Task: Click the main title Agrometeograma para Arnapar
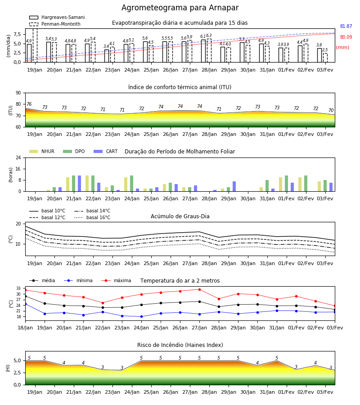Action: (180, 8)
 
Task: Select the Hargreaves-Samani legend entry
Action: (57, 17)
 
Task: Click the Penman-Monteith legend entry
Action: (55, 24)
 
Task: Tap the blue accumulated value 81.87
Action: (346, 27)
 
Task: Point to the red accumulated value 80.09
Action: (346, 37)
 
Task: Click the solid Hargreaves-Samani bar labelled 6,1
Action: (203, 51)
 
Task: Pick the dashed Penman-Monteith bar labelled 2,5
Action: (325, 58)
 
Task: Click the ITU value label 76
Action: (29, 104)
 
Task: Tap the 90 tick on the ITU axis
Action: (18, 93)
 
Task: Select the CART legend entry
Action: (106, 151)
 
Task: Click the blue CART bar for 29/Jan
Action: (234, 186)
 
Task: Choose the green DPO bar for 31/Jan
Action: (267, 186)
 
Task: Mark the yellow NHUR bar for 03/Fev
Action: (319, 186)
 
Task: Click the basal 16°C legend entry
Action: (92, 217)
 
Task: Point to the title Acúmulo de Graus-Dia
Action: (180, 216)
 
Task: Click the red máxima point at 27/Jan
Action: (200, 289)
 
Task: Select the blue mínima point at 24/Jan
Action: (141, 317)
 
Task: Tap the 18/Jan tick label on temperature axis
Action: (25, 328)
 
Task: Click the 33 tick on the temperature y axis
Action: (18, 288)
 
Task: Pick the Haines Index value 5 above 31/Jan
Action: (277, 358)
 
